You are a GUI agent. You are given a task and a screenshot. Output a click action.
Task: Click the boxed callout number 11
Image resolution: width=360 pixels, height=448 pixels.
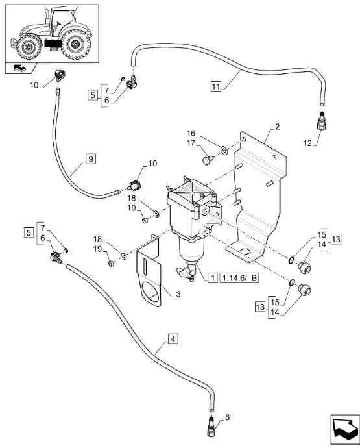click(216, 86)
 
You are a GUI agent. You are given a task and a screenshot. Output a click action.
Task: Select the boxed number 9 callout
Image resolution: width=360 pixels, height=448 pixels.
click(91, 158)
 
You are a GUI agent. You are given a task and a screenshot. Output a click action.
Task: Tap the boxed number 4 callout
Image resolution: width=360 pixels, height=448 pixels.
click(173, 339)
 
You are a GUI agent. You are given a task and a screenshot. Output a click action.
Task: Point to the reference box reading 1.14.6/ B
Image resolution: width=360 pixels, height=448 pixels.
click(239, 278)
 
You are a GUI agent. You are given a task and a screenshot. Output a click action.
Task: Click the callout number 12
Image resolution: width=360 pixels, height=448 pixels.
click(307, 143)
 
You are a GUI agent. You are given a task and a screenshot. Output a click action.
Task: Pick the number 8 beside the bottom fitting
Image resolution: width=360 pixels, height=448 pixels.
click(227, 417)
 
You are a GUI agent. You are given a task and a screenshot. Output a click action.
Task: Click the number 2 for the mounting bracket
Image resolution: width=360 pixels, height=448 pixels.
click(277, 127)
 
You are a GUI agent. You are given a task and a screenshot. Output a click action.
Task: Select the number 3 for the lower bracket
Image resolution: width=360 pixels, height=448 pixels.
click(178, 294)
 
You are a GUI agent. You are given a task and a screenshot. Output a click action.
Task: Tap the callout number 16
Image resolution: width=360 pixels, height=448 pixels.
click(191, 133)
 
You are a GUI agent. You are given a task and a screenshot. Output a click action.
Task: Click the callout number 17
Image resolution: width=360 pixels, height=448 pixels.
click(191, 143)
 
